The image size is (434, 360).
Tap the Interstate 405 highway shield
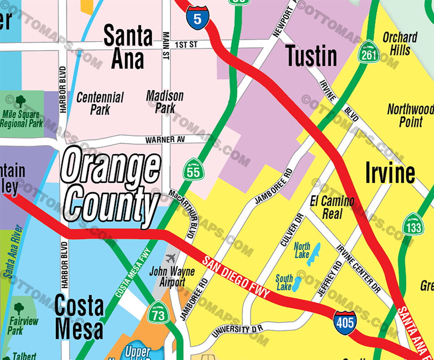click(x=344, y=322)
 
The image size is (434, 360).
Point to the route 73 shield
click(x=158, y=313)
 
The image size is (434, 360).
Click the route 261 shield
click(x=368, y=53)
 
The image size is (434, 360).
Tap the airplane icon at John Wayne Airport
click(x=171, y=258)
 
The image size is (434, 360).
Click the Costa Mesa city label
click(x=79, y=317)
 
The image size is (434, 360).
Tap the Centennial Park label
click(x=100, y=103)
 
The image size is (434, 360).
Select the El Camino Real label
click(x=332, y=207)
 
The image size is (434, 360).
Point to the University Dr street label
click(x=237, y=331)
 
